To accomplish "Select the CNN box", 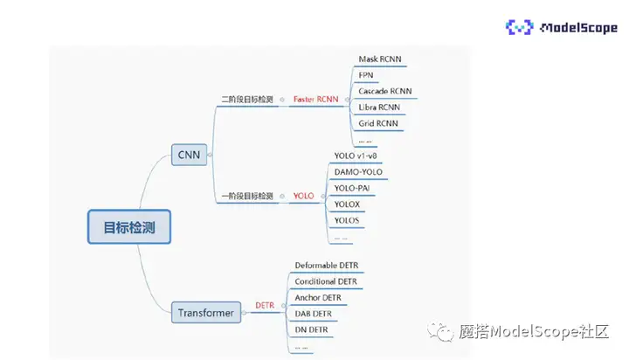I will click(189, 156).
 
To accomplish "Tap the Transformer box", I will click(205, 312).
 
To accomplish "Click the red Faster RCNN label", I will click(314, 100).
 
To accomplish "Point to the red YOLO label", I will click(303, 197).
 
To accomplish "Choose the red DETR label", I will click(265, 305).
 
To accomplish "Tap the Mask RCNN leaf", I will click(380, 59).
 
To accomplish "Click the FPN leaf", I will click(366, 75).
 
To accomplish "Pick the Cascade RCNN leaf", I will click(384, 91).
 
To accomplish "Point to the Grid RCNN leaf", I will click(378, 123).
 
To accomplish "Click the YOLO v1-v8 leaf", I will click(356, 156).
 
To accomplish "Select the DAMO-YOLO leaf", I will click(358, 171).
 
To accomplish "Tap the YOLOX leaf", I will click(347, 204).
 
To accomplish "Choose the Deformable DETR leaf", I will click(326, 265).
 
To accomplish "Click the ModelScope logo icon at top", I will click(520, 27).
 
